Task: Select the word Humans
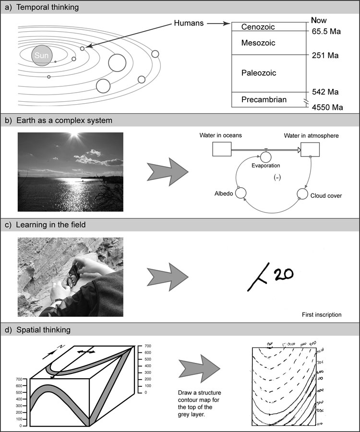(x=188, y=23)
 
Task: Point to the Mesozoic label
(x=258, y=43)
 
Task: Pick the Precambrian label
(x=264, y=100)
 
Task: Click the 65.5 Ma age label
(x=326, y=32)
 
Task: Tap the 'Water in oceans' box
(x=222, y=150)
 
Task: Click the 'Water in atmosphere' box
(x=310, y=150)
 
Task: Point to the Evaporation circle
(x=265, y=156)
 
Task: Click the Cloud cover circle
(x=302, y=193)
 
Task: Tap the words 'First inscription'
(x=322, y=315)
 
